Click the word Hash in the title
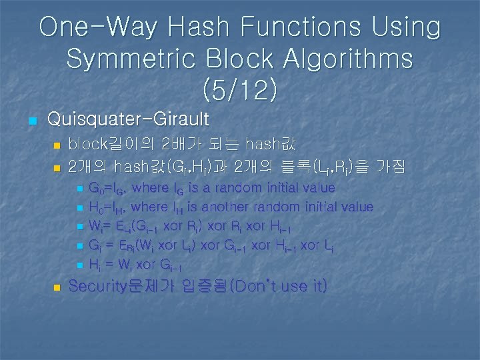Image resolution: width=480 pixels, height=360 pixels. point(199,27)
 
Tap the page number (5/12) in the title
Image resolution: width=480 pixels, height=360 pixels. point(239,89)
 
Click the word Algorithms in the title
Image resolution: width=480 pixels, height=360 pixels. point(343,59)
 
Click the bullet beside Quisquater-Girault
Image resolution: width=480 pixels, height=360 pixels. point(31,121)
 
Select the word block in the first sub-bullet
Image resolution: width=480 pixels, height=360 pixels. point(86,144)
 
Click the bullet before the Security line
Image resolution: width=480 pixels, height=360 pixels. point(57,288)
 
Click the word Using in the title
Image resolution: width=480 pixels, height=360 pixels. point(407,27)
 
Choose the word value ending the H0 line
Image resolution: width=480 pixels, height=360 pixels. point(353,207)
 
